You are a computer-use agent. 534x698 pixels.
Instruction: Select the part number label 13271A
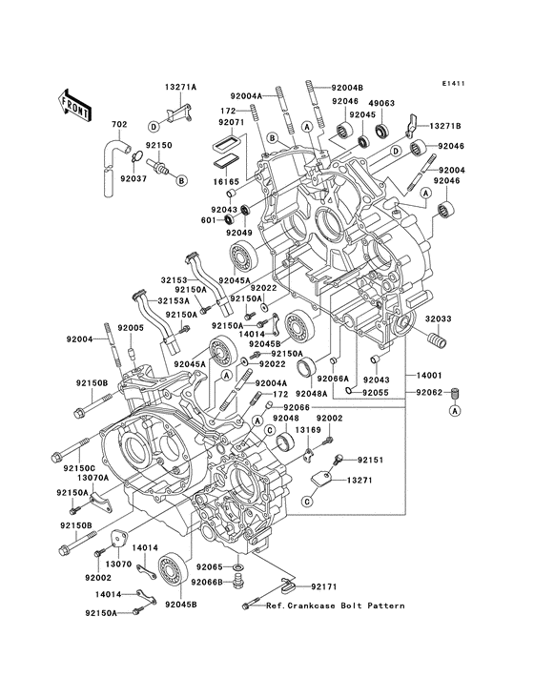179,87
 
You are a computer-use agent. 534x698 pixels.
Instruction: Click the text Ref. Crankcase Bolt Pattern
335,606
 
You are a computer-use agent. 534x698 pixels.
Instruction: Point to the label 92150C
81,469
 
